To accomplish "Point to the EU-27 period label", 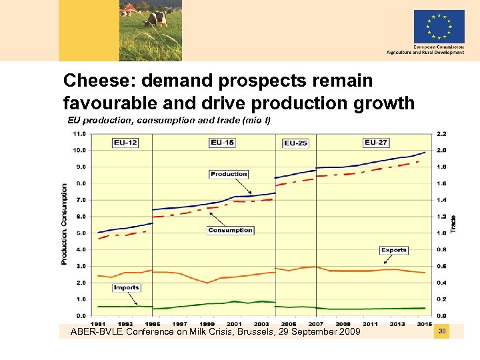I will [377, 142].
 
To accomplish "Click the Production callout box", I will [229, 174].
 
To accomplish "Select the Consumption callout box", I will [230, 230].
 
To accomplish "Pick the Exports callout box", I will [393, 250].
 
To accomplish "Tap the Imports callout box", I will [126, 288].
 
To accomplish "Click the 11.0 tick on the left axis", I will [79, 133].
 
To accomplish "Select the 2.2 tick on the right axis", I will [441, 133].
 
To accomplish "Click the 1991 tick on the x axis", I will [98, 324].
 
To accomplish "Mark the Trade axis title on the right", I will [453, 223].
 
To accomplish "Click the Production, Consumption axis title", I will [65, 225].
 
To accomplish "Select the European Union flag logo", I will [439, 27].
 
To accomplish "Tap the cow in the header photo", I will [156, 17].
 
